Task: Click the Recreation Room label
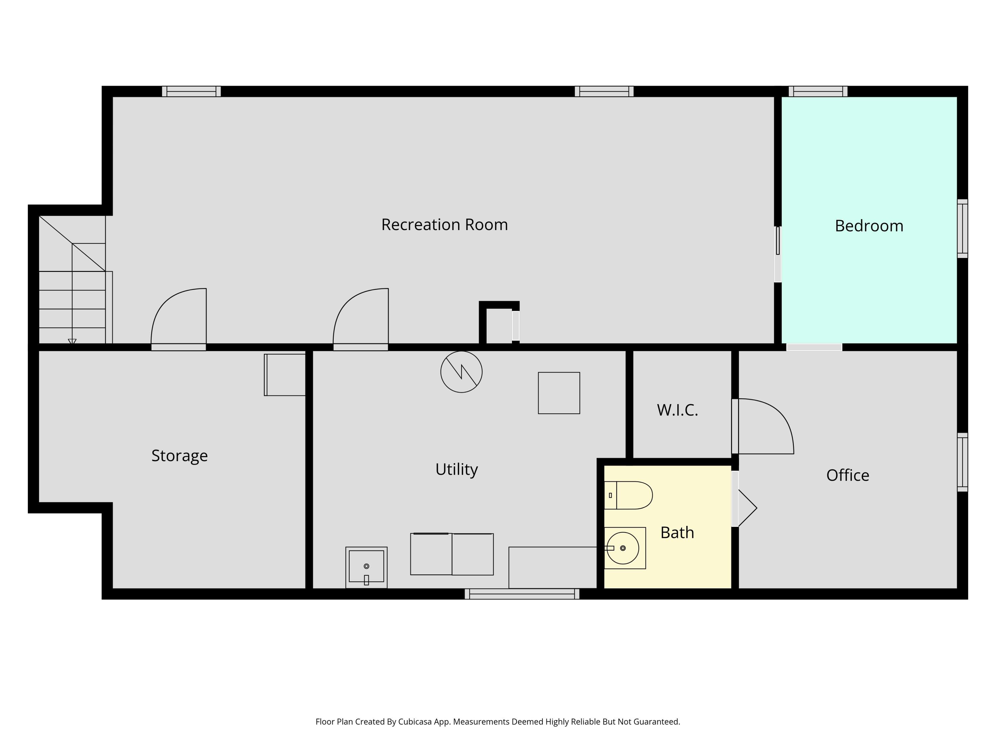tap(445, 225)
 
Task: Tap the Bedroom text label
tap(869, 226)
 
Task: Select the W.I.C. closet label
tap(677, 410)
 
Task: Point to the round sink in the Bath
tap(623, 548)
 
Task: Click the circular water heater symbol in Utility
tap(461, 372)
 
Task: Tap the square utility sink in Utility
tap(366, 567)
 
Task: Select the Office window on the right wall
tap(962, 462)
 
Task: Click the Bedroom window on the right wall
tap(962, 229)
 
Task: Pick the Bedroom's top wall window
tap(818, 91)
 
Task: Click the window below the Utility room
tap(522, 594)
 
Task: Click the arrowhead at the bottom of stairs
tap(72, 342)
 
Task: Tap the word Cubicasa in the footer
tap(414, 722)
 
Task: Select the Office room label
tap(847, 475)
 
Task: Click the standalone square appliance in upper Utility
tap(559, 393)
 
